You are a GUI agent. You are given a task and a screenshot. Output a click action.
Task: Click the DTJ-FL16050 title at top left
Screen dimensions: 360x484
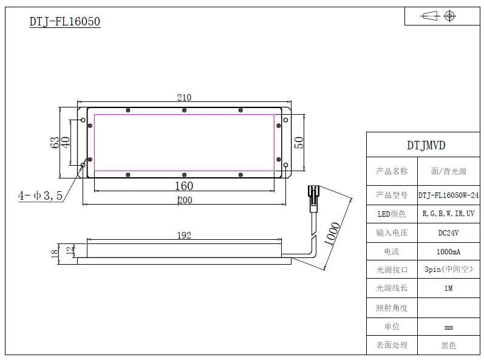[x=65, y=22]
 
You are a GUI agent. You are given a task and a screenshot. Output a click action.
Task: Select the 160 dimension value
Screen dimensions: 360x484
[x=184, y=186]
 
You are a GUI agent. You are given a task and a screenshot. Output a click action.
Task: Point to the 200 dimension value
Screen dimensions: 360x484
[x=184, y=201]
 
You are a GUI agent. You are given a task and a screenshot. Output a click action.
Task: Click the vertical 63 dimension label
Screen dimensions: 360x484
[x=55, y=143]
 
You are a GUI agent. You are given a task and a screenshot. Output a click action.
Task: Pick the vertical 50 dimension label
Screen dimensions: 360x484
[x=298, y=143]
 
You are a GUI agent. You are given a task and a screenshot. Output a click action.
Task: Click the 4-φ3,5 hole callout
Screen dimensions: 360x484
[x=40, y=196]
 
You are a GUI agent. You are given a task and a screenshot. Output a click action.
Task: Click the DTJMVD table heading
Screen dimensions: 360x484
[x=426, y=146]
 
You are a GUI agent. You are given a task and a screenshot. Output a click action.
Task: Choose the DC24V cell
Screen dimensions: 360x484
[x=448, y=233]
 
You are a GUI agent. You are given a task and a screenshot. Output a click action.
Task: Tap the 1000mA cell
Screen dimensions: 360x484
[x=448, y=251]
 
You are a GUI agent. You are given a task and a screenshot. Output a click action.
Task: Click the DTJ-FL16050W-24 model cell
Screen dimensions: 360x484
[x=448, y=195]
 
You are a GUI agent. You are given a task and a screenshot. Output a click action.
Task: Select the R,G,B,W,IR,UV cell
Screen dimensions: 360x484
[x=448, y=214]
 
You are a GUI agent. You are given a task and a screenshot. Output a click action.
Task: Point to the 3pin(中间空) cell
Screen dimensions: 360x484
[x=448, y=269]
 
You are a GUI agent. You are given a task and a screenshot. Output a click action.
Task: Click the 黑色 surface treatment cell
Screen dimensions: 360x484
[x=448, y=345]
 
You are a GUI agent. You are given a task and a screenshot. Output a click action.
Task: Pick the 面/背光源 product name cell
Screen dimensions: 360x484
[x=448, y=172]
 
